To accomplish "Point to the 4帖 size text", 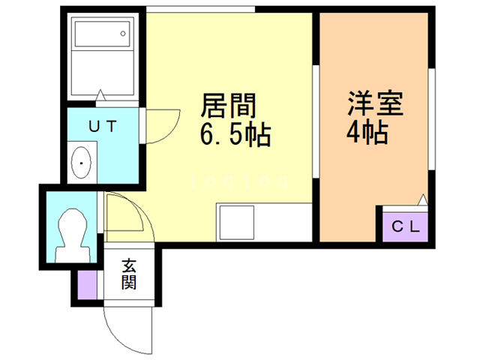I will [367, 133].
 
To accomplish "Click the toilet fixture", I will [73, 229].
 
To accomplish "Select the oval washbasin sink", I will [81, 161].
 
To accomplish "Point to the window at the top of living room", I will [200, 9].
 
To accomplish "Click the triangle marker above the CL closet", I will [423, 199].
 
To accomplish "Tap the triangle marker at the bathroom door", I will [100, 95].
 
